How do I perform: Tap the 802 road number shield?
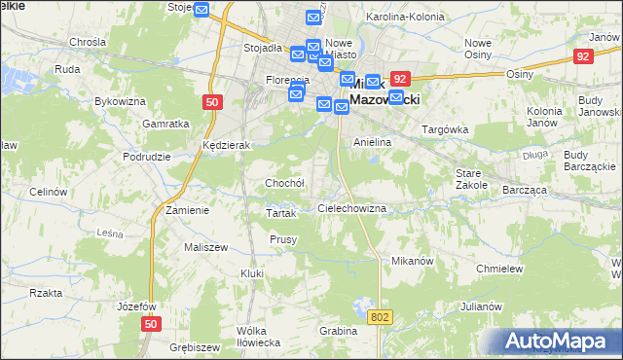[381, 317]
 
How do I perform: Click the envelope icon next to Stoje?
[202, 11]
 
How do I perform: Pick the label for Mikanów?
[411, 262]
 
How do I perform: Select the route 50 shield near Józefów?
[150, 324]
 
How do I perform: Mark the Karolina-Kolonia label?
[398, 18]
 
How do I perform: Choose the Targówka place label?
[444, 129]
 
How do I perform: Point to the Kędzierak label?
[227, 145]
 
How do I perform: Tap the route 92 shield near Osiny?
[583, 56]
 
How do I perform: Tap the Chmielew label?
[500, 269]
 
